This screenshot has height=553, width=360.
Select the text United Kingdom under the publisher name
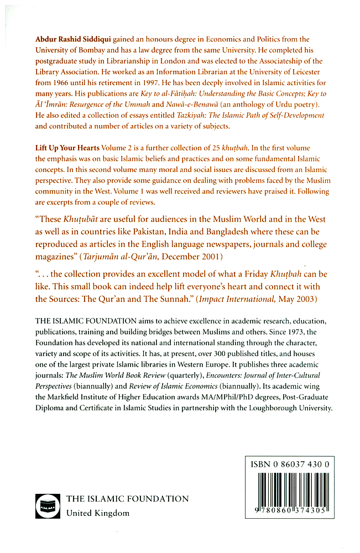(98, 513)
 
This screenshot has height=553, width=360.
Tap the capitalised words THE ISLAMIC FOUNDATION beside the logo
(127, 498)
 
